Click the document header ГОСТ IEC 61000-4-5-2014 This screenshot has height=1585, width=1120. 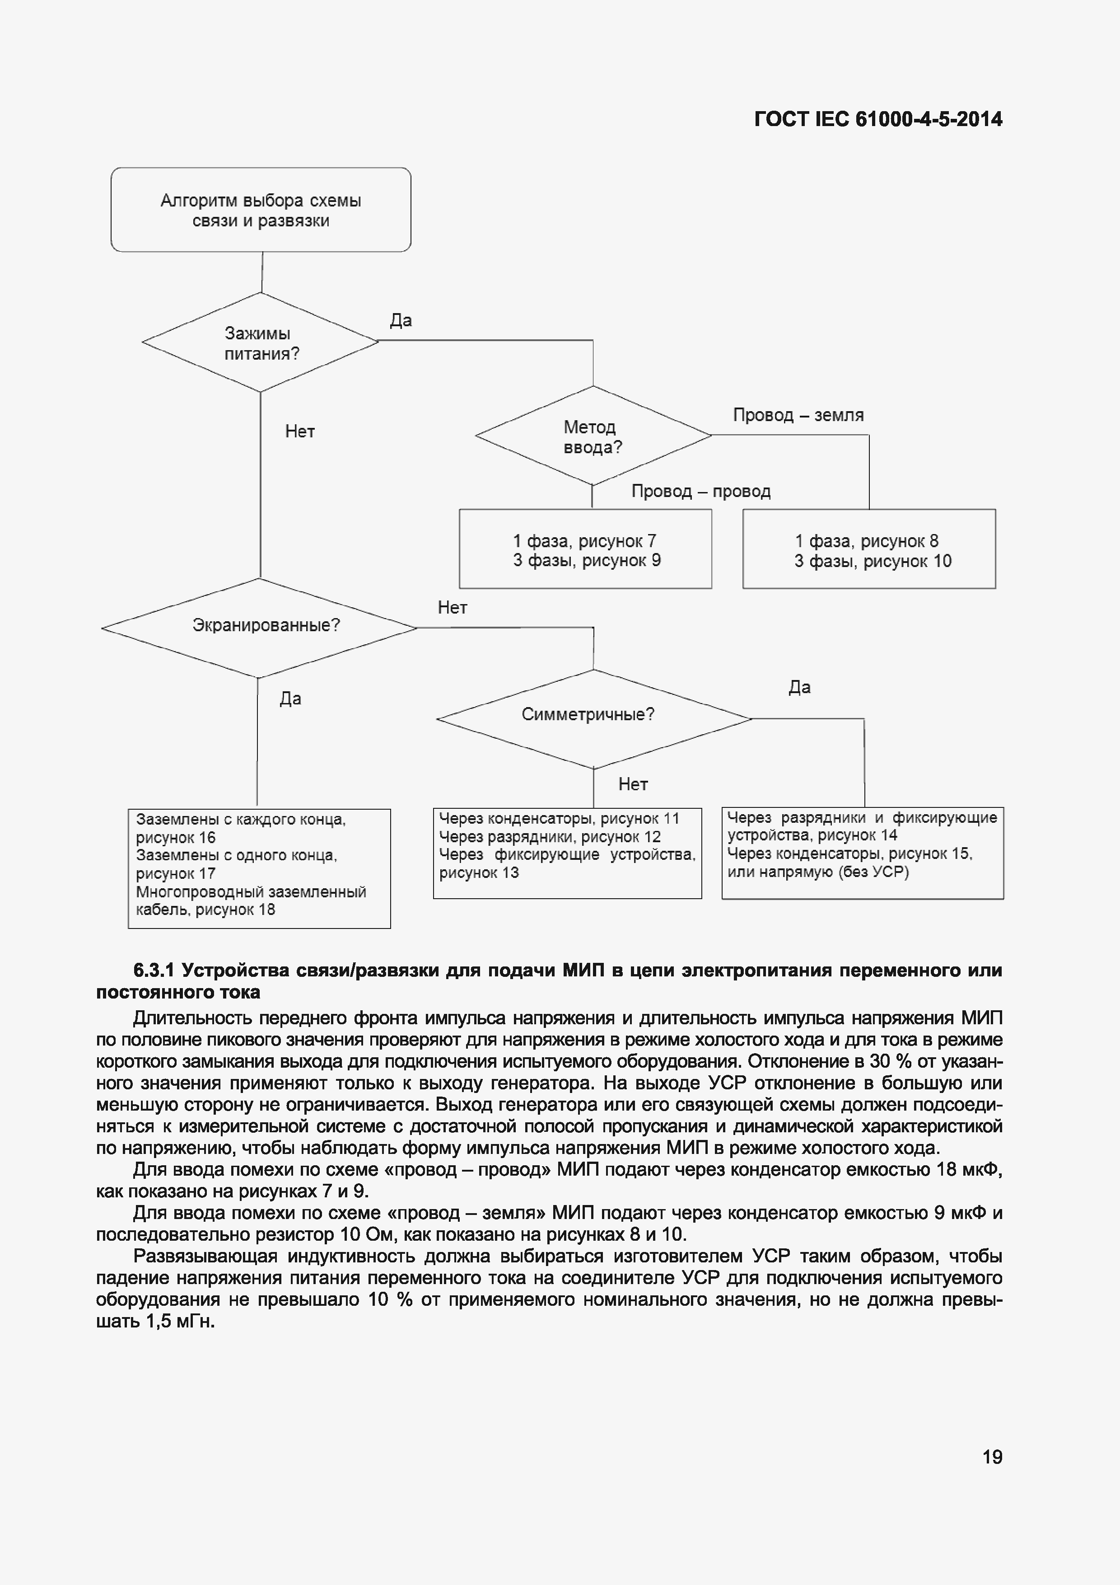878,119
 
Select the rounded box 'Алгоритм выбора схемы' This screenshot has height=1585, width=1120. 261,210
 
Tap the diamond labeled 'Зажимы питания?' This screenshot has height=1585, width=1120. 261,343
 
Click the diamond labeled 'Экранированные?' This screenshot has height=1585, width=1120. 260,627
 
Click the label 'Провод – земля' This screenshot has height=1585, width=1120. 798,415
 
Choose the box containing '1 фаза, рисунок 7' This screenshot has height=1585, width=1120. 585,549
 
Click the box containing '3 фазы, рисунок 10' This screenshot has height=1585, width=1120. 869,549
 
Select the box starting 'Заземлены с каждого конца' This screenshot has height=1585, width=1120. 260,868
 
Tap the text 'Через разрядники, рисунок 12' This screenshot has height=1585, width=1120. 550,837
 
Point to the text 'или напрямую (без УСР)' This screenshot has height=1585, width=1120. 818,872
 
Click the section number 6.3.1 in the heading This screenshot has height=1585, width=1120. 153,971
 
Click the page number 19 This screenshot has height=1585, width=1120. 992,1457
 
